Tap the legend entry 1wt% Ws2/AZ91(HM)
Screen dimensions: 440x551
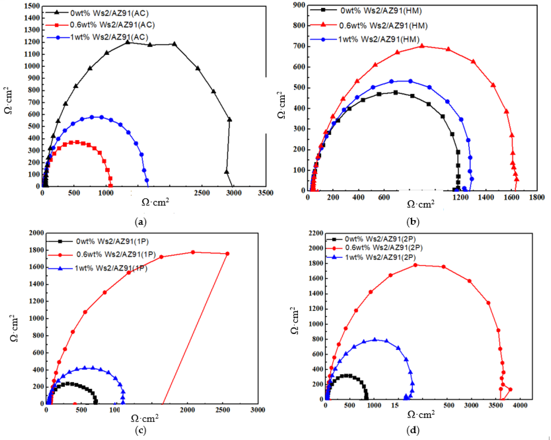click(x=379, y=39)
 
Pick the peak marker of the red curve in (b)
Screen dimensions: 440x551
click(x=422, y=46)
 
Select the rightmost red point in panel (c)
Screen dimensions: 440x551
click(x=227, y=254)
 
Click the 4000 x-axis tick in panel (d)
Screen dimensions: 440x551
click(x=520, y=405)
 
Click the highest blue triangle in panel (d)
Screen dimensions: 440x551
click(x=375, y=339)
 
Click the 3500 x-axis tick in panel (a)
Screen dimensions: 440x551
click(x=266, y=193)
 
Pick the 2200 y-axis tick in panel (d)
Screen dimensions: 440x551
click(x=316, y=233)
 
